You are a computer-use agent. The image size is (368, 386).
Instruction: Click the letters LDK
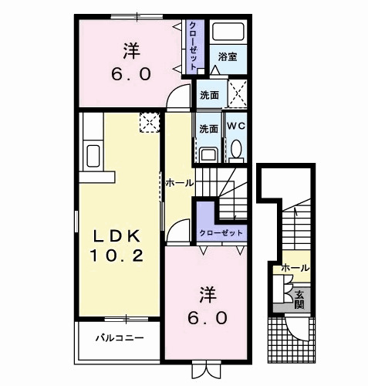(116, 235)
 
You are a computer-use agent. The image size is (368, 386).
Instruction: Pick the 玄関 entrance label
(299, 298)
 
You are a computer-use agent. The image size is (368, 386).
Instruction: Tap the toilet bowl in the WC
(236, 149)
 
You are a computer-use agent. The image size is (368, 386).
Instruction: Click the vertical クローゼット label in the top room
(193, 45)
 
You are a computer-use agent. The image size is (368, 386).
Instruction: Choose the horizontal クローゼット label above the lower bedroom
(221, 232)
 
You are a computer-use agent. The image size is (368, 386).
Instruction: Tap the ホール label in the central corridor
(179, 184)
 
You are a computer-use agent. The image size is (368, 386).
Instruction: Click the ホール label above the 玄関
(295, 268)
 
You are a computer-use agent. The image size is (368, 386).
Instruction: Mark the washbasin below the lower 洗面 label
(208, 153)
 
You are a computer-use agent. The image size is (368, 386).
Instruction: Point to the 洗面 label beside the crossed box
(208, 96)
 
